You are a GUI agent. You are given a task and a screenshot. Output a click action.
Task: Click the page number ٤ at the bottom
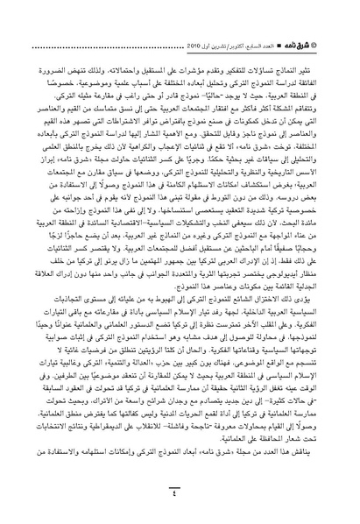180,497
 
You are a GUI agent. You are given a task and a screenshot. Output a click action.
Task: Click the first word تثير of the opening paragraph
322,39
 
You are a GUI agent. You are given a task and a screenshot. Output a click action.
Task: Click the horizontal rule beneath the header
180,25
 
